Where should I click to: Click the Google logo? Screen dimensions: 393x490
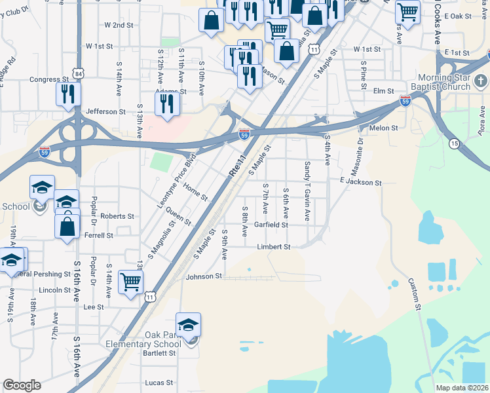pos(22,385)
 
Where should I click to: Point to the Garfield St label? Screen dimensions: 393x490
pos(271,225)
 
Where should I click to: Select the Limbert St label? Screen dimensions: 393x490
pos(273,247)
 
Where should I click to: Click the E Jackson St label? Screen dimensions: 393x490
pos(360,183)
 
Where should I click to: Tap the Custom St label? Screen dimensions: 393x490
pos(414,294)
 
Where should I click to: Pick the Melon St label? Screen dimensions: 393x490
pos(384,128)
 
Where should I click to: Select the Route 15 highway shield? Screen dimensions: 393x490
pos(454,143)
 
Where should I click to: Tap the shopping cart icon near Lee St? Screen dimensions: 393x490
pos(130,282)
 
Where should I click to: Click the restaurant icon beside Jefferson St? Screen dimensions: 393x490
pos(166,103)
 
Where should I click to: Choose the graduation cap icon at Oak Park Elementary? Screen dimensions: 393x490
pos(188,324)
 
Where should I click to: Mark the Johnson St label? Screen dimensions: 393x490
pos(204,276)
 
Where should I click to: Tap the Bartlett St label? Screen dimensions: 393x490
pos(160,353)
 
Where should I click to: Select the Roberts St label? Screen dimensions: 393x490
pos(117,216)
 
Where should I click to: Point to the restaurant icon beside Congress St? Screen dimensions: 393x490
pos(66,93)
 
